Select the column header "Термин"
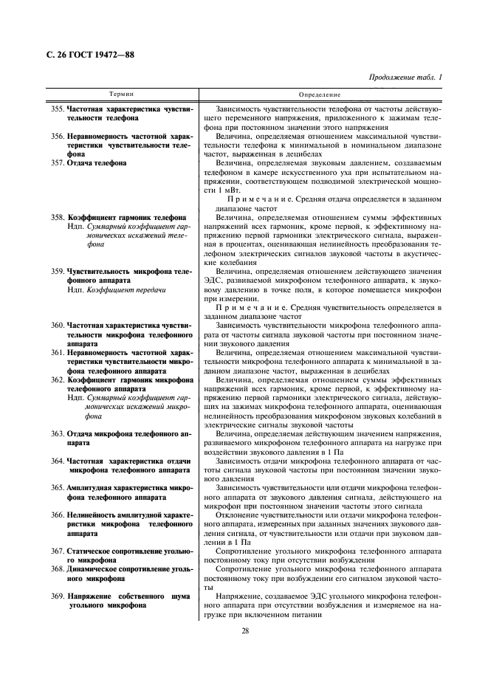coord(122,95)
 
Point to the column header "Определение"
coord(320,95)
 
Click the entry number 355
coord(58,109)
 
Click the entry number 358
coord(58,218)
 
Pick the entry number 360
coord(58,325)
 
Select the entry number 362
coord(58,379)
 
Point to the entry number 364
coord(58,460)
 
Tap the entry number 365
coord(58,487)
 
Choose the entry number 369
coord(58,595)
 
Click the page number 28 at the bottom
coord(244,630)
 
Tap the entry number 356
coord(58,136)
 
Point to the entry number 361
coord(58,352)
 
